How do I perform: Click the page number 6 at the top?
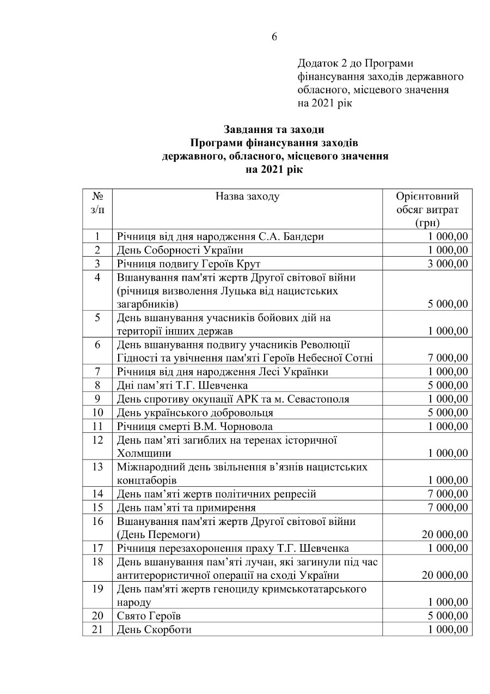pyautogui.click(x=274, y=37)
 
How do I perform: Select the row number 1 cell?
pyautogui.click(x=97, y=237)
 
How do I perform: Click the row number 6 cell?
pyautogui.click(x=97, y=345)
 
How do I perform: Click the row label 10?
pyautogui.click(x=97, y=412)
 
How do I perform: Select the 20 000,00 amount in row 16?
pyautogui.click(x=445, y=534)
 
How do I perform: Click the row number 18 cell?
pyautogui.click(x=97, y=562)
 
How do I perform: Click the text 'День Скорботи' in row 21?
pyautogui.click(x=154, y=629)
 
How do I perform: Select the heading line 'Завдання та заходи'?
pyautogui.click(x=274, y=130)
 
